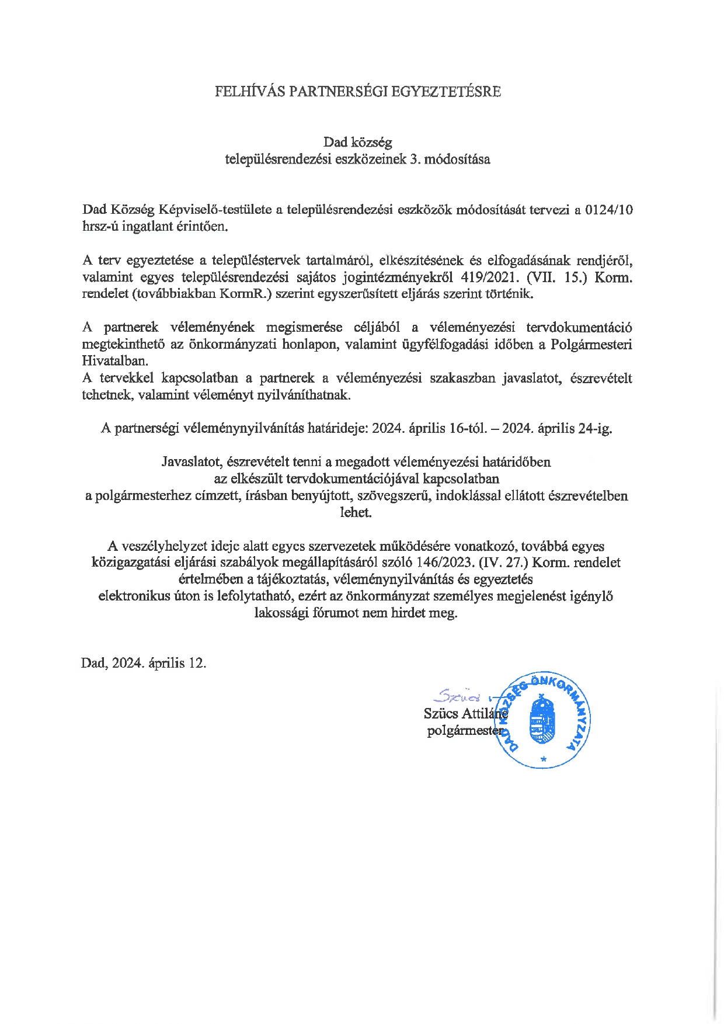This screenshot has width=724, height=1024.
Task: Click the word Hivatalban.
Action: pos(115,361)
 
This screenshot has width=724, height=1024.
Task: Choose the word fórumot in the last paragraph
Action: pos(335,613)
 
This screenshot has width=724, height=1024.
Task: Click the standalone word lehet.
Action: pos(356,512)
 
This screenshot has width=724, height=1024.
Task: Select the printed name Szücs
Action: pos(441,713)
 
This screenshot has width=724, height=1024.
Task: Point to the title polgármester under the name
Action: pos(464,730)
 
